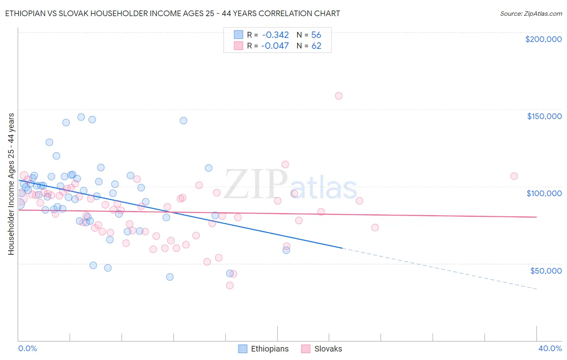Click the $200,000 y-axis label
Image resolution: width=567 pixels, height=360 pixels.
point(543,39)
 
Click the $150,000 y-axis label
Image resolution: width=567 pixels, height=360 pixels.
point(544,116)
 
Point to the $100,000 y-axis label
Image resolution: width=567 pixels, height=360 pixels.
point(544,193)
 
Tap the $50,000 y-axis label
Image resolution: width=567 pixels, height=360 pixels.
point(546,271)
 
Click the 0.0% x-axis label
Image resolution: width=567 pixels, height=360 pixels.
point(27,348)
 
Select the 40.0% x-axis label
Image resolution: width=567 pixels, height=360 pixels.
point(550,348)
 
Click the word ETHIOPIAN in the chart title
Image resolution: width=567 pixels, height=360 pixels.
point(26,13)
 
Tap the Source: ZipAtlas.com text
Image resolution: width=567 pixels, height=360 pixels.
point(531,13)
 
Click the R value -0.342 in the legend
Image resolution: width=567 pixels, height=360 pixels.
point(275,35)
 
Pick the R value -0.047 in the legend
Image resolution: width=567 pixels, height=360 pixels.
point(275,46)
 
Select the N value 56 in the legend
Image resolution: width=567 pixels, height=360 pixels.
point(316,35)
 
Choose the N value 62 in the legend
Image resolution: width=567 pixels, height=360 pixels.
point(316,46)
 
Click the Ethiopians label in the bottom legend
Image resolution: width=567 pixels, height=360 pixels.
point(269,349)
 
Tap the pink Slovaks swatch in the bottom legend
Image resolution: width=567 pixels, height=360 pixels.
point(306,349)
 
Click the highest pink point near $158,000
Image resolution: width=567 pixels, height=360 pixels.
point(339,96)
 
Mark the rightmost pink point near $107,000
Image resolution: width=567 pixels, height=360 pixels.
point(514,176)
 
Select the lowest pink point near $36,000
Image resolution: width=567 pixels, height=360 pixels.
point(230,285)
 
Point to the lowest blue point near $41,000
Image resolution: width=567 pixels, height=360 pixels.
point(170,277)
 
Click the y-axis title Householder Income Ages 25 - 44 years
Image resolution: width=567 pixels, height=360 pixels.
point(11,184)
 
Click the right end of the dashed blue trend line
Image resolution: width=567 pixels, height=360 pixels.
point(536,289)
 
